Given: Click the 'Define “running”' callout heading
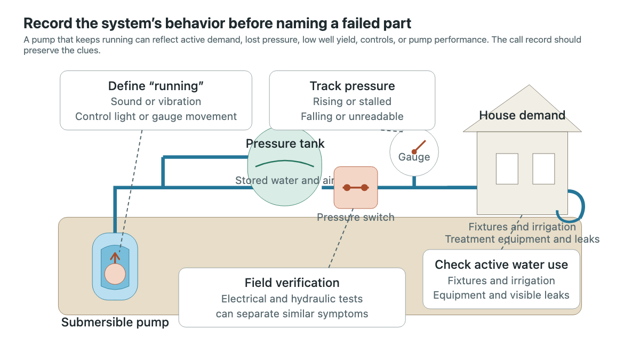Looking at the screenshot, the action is [x=156, y=86].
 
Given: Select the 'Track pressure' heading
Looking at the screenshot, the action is [x=353, y=86].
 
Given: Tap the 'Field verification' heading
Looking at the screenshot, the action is [x=292, y=283].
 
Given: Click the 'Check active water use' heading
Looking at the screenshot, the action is [x=501, y=265].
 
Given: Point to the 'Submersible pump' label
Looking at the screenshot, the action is [x=115, y=322].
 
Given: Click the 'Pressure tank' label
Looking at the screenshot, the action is [x=285, y=143].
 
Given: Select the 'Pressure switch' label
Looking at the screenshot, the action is [x=356, y=217].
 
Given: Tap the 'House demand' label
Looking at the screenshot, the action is [x=522, y=115].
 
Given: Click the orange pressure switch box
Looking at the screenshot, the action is [x=356, y=187].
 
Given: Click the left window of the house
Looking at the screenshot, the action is [x=507, y=169].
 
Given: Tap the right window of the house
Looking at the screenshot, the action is [x=543, y=169].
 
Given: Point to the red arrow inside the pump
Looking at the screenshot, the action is [x=115, y=258].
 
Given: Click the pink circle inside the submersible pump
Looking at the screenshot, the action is [x=115, y=274].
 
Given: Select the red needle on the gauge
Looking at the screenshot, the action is [x=419, y=147].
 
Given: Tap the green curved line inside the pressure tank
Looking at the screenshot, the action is [x=285, y=162].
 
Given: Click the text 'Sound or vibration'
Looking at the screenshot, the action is [x=156, y=101].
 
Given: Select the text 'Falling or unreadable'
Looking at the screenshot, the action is [x=353, y=117].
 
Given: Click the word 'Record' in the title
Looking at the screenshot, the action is [x=47, y=23].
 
